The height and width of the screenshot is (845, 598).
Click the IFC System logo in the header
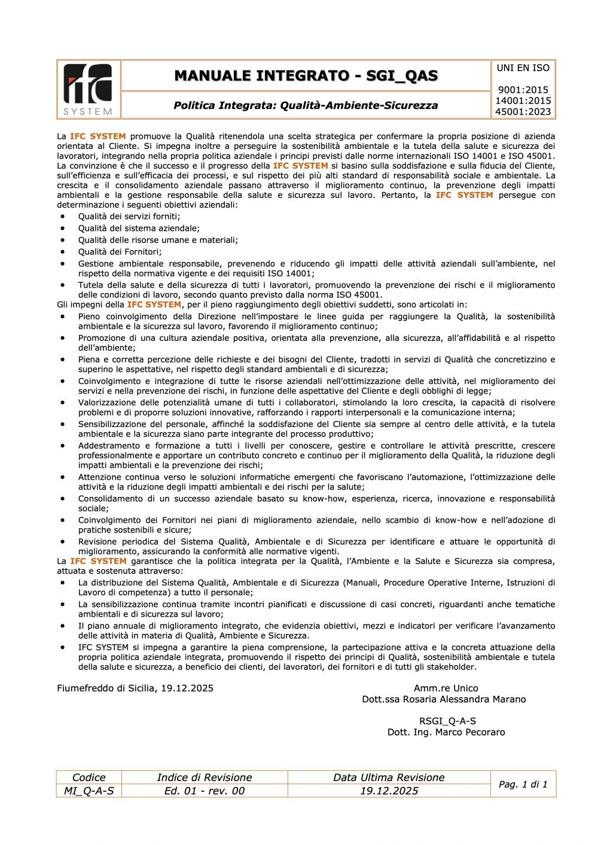pyautogui.click(x=89, y=89)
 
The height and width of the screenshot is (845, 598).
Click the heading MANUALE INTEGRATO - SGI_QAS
pyautogui.click(x=306, y=76)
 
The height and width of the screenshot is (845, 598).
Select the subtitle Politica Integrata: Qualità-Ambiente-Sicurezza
pyautogui.click(x=306, y=105)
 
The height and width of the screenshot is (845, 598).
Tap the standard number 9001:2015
pyautogui.click(x=523, y=90)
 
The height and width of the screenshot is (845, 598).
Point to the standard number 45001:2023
pyautogui.click(x=523, y=112)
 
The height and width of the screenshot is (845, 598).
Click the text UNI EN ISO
pyautogui.click(x=523, y=68)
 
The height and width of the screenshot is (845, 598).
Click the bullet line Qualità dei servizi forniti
pyautogui.click(x=129, y=216)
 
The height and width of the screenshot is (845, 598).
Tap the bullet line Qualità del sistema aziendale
pyautogui.click(x=139, y=228)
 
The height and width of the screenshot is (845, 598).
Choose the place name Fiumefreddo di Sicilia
pyautogui.click(x=106, y=688)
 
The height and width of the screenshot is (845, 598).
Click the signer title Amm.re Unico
pyautogui.click(x=446, y=688)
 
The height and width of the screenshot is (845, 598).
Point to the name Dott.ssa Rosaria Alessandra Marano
pyautogui.click(x=444, y=699)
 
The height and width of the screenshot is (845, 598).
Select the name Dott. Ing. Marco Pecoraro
pyautogui.click(x=446, y=732)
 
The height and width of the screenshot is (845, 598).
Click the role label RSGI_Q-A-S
pyautogui.click(x=447, y=721)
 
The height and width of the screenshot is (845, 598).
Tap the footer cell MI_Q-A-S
pyautogui.click(x=89, y=791)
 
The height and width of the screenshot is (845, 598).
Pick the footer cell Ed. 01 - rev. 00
pyautogui.click(x=204, y=791)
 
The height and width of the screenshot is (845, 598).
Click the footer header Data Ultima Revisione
pyautogui.click(x=389, y=777)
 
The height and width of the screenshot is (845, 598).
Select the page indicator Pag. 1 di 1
pyautogui.click(x=523, y=784)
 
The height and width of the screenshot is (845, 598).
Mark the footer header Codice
pyautogui.click(x=89, y=777)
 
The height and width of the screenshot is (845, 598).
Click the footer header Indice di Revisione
pyautogui.click(x=204, y=777)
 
